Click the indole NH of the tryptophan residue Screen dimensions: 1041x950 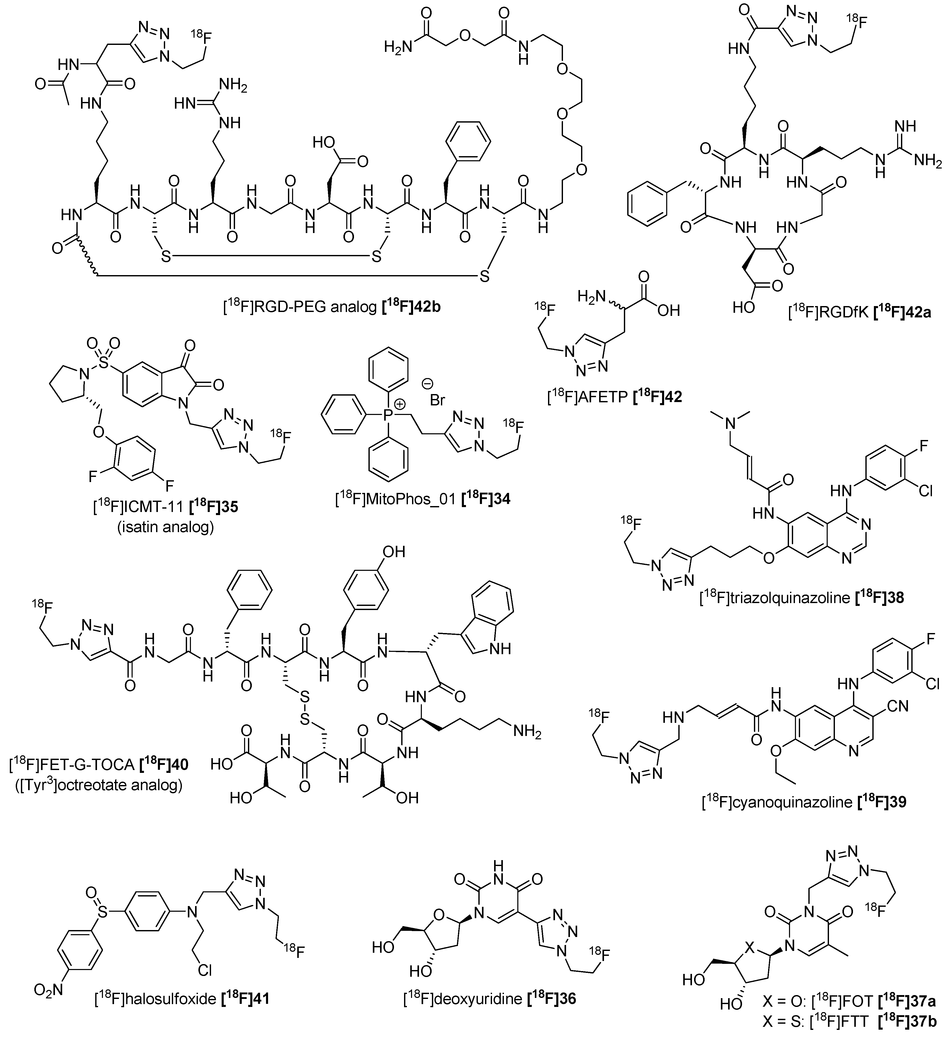498,648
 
